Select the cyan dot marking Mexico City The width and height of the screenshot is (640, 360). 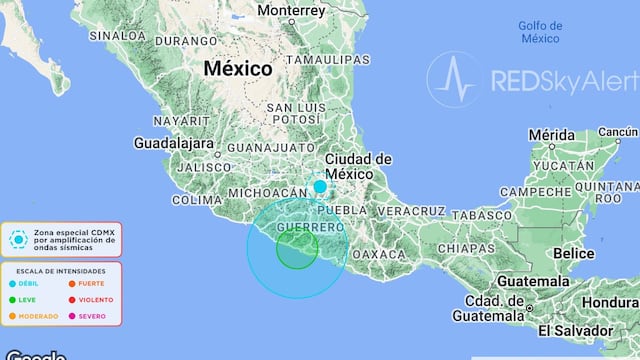[320, 186]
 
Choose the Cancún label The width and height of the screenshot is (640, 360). [617, 132]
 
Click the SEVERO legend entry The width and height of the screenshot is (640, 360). [89, 316]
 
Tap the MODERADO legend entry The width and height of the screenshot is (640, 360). [38, 316]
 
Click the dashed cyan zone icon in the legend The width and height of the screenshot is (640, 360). [17, 240]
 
